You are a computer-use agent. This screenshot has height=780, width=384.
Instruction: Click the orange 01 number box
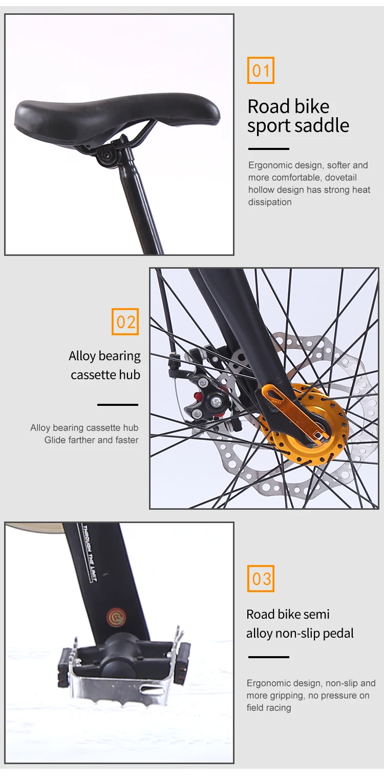261,70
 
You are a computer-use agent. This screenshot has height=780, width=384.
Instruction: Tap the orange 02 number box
125,322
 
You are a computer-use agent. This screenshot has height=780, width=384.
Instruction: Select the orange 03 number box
261,579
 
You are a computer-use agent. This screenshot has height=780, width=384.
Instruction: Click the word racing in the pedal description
279,708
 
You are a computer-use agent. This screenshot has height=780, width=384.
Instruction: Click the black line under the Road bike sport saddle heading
268,149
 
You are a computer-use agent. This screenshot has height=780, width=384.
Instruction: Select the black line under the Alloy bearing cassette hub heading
118,405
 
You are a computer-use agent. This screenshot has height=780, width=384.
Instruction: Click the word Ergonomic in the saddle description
270,165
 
